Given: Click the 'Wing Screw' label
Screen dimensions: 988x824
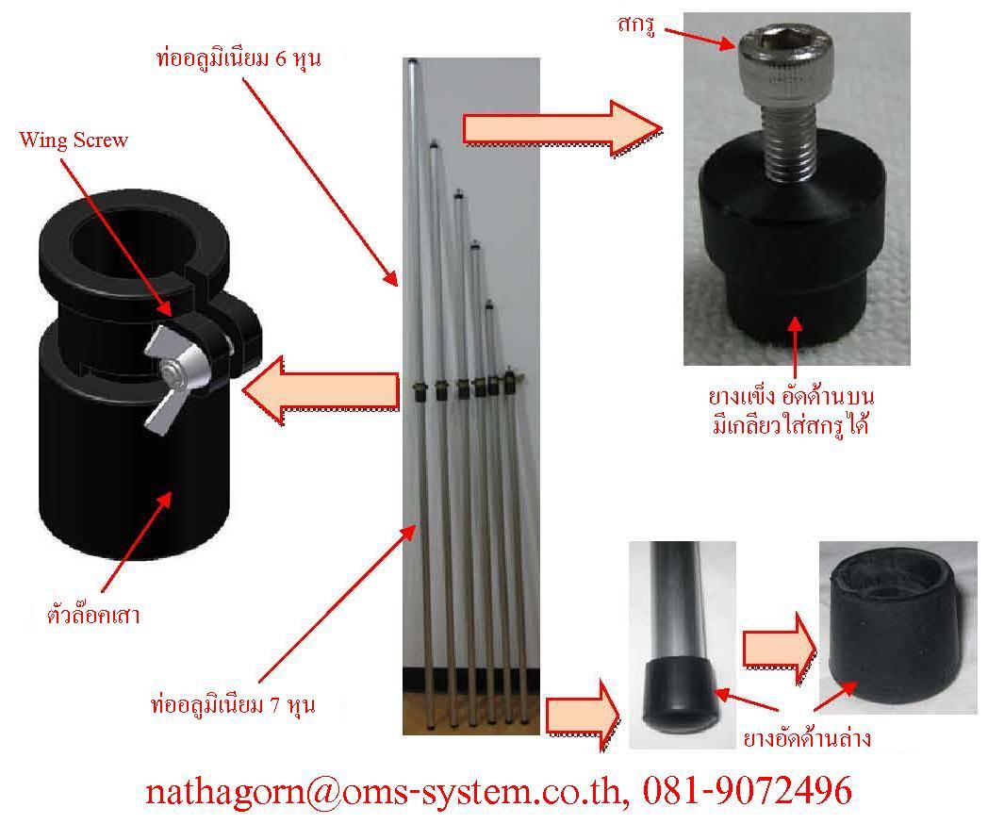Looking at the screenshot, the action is click(74, 140).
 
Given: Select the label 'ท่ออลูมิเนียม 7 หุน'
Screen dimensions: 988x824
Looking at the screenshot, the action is click(233, 704).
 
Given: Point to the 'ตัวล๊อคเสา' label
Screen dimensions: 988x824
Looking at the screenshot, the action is click(93, 614).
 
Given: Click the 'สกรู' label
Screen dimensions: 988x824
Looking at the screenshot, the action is click(636, 25).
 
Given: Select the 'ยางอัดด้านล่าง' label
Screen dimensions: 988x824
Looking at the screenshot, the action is click(807, 737).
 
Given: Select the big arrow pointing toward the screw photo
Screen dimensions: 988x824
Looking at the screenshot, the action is click(563, 128).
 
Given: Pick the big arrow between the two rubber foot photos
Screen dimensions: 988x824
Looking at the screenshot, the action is click(780, 649).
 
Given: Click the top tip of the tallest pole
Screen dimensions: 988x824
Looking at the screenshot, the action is click(413, 61).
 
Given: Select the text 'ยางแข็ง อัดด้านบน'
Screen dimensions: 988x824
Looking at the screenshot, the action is click(791, 398).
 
